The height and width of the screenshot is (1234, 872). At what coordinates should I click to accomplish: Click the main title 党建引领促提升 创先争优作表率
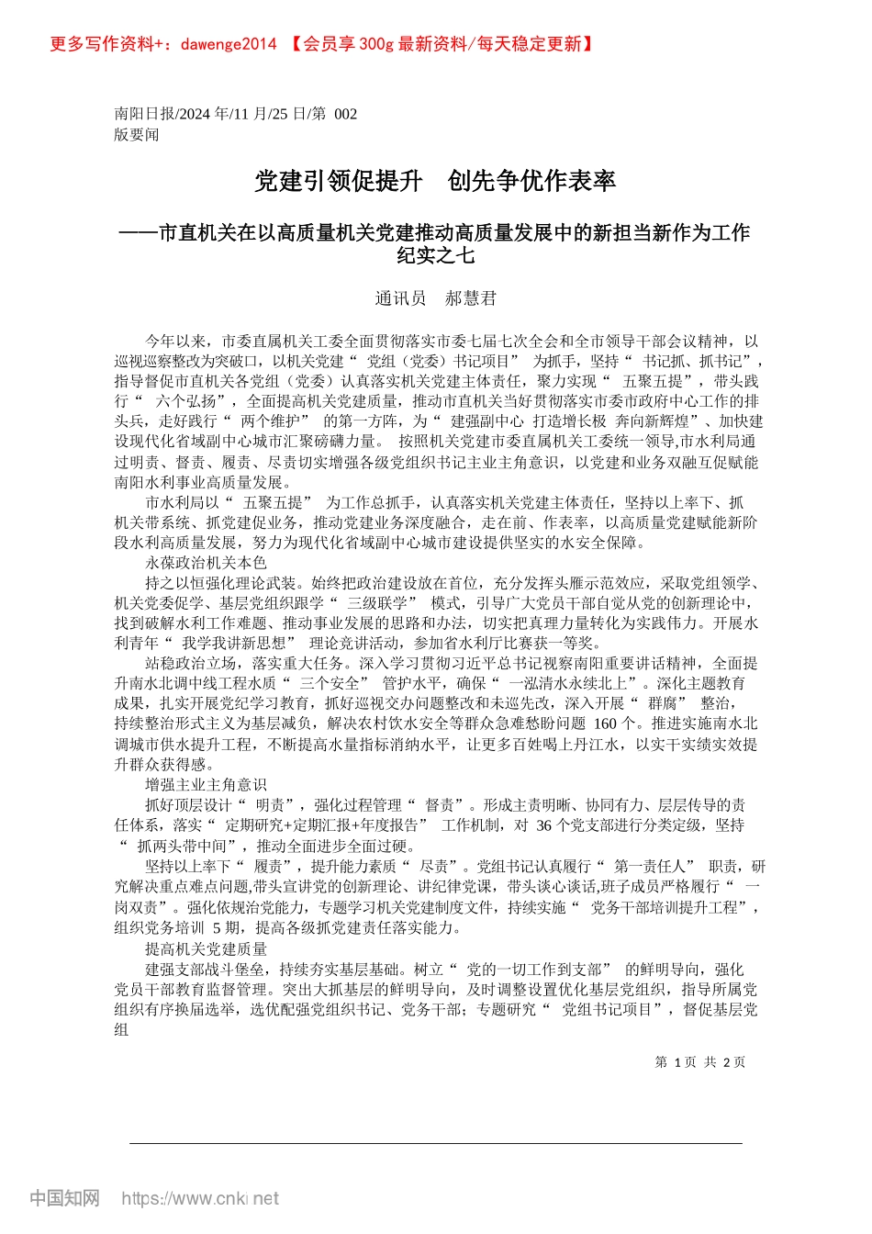click(435, 181)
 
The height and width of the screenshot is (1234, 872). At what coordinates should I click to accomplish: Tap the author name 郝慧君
click(470, 298)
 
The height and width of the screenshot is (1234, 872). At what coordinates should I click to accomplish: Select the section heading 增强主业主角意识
click(206, 784)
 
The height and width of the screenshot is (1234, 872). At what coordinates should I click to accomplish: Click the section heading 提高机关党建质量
click(206, 948)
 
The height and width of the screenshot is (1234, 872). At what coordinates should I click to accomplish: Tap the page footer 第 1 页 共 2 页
click(699, 1062)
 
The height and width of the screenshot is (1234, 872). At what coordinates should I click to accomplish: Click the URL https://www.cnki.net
click(200, 1198)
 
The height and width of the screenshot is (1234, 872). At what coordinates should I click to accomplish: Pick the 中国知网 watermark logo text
click(64, 1198)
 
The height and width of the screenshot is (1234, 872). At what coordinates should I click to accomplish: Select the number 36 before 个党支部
click(543, 825)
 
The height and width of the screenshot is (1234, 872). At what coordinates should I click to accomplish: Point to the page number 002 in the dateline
click(345, 114)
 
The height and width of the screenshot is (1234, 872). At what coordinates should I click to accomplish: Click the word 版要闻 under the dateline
click(137, 135)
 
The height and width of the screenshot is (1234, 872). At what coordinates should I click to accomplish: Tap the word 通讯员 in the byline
click(400, 298)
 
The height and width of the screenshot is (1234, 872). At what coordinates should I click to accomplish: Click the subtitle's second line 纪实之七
click(435, 256)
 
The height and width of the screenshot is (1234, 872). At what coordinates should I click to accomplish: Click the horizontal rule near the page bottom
click(435, 1143)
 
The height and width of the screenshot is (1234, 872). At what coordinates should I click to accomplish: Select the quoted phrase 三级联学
click(381, 603)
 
